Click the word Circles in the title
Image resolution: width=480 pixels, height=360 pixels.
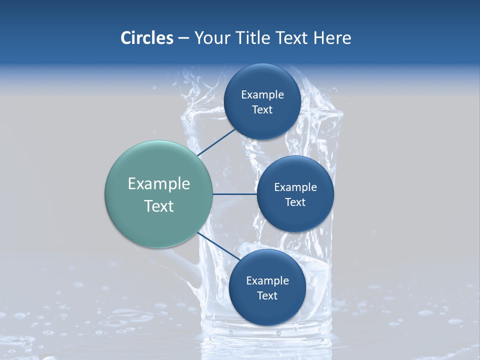tap(147, 38)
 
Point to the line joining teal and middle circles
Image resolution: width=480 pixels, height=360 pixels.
tap(235, 194)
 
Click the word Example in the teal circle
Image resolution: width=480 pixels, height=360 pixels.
tap(159, 184)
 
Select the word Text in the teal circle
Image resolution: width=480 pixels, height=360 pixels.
tap(159, 206)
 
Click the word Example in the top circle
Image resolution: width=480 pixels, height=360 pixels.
tap(262, 95)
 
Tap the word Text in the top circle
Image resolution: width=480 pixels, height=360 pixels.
tap(262, 110)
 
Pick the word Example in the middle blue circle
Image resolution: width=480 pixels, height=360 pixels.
tap(295, 187)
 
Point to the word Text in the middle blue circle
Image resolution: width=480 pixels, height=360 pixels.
tap(295, 202)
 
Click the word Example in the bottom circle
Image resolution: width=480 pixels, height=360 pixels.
tap(267, 281)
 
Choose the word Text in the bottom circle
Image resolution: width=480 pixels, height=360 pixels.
tap(267, 296)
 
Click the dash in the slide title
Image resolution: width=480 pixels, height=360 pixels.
tap(183, 38)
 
